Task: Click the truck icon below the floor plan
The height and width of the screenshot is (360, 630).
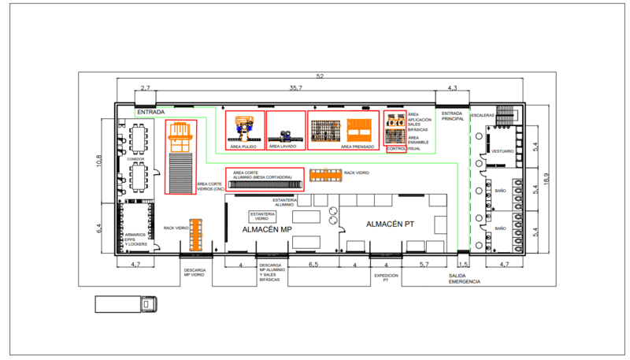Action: tap(126, 304)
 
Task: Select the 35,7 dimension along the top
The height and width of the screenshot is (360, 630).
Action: tap(295, 88)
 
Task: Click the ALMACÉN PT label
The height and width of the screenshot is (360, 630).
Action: tap(391, 225)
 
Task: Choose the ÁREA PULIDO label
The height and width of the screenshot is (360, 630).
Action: tap(244, 147)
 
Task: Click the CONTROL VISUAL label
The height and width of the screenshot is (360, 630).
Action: tap(407, 148)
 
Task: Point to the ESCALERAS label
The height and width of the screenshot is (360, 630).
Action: tap(482, 116)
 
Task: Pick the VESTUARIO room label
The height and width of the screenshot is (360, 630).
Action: tap(502, 150)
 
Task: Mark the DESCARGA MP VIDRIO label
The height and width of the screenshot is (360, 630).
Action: tap(195, 273)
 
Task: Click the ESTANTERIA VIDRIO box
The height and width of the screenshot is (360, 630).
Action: tap(262, 216)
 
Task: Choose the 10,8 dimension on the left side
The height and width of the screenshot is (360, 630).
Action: tap(99, 160)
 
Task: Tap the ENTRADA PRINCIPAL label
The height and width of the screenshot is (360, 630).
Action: tap(452, 117)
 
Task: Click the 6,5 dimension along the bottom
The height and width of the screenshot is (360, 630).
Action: tap(313, 264)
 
